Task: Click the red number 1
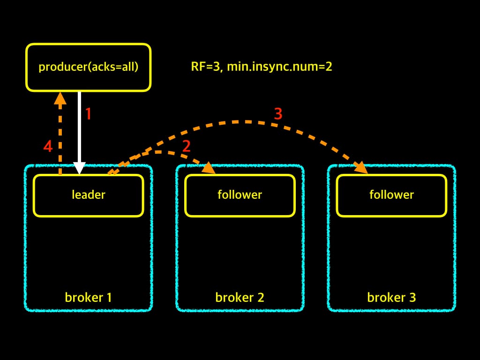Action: (89, 114)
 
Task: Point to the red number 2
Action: (187, 146)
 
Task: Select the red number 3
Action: (278, 114)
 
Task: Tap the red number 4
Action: (48, 146)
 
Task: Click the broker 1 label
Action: (89, 297)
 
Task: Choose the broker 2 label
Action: (240, 297)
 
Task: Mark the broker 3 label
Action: (391, 297)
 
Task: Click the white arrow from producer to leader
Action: (79, 133)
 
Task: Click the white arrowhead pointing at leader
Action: (79, 168)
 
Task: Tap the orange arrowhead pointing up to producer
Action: (60, 98)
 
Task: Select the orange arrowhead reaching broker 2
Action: (209, 168)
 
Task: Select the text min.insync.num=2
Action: (279, 67)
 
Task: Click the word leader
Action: (89, 195)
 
